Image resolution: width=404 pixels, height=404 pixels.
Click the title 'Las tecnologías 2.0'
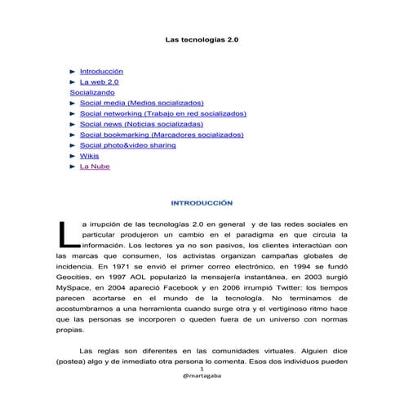coord(202,38)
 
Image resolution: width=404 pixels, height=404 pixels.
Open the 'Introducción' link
coord(101,72)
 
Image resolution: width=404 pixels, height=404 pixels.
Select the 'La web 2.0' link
coord(100,82)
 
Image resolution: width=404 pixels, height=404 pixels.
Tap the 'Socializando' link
coord(92,93)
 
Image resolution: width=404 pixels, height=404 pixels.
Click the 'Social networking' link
coord(162,114)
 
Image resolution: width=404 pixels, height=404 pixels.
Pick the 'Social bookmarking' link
coord(162,135)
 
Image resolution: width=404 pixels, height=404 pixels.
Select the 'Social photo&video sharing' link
coord(127,145)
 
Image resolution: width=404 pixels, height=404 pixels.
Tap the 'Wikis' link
coord(89,156)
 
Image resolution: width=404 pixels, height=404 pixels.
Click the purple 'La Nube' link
coord(95,166)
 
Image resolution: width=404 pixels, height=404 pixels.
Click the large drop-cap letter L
coord(69,233)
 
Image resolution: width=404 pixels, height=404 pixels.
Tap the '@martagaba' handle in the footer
coord(202,378)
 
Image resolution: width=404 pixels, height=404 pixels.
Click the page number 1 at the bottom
coord(202,369)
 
